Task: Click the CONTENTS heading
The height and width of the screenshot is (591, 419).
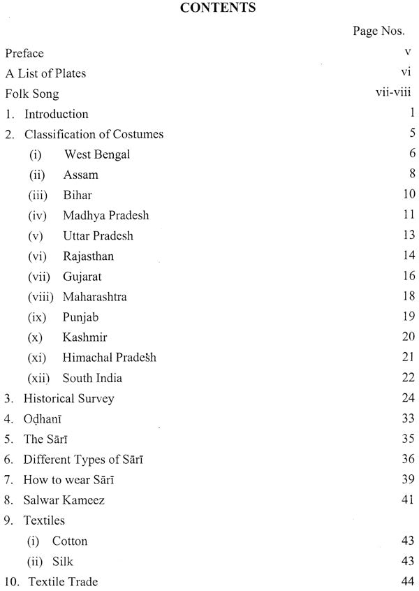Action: click(x=209, y=10)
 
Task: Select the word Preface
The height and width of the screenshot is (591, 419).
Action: click(x=24, y=52)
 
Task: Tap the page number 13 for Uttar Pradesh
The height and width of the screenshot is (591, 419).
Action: click(x=409, y=235)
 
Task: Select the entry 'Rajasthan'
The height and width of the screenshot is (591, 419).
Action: click(x=88, y=256)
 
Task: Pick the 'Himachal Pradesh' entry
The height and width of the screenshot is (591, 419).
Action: click(x=109, y=358)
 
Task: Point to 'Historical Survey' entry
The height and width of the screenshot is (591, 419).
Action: click(x=68, y=399)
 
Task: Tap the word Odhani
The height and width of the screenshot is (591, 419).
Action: click(x=45, y=419)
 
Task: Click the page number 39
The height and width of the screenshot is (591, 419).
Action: click(x=409, y=480)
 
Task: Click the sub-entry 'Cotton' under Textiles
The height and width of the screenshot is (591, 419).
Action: click(x=69, y=541)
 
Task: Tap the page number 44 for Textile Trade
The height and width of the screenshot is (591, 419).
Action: click(x=409, y=582)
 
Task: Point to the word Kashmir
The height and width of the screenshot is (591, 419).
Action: click(x=84, y=337)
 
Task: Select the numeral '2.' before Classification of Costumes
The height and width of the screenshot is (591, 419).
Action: click(x=9, y=133)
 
